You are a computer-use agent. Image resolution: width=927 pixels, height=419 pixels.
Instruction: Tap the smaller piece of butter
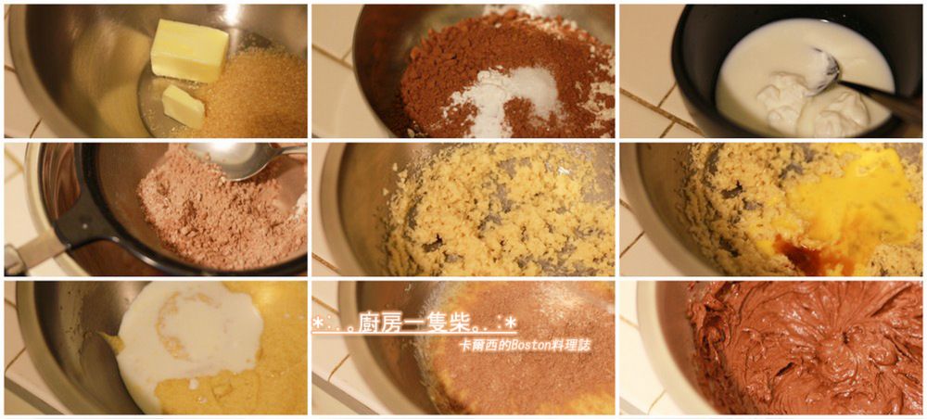(184, 106)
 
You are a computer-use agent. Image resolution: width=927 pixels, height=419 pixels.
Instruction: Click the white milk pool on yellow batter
(189, 336)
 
